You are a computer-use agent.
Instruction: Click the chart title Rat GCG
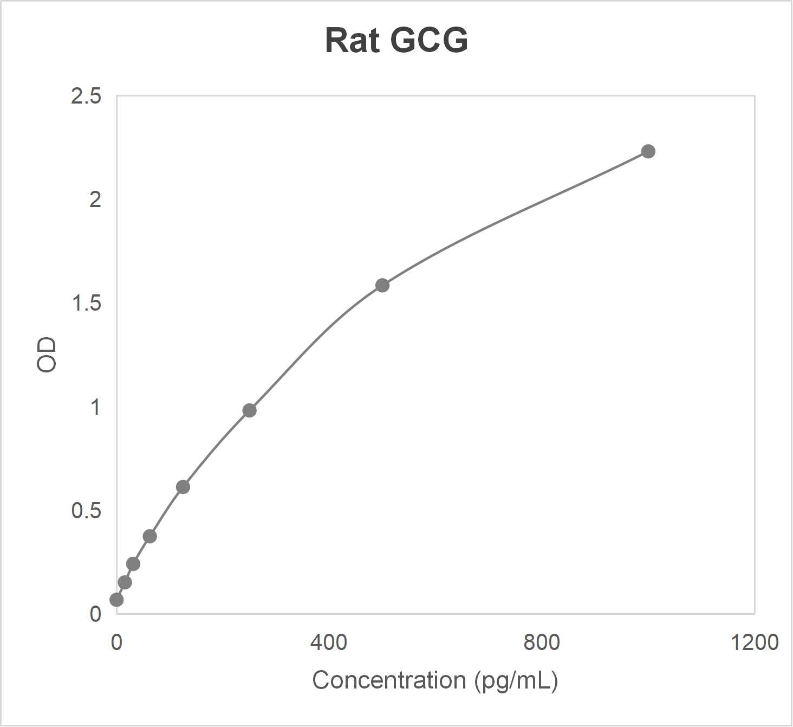tap(396, 40)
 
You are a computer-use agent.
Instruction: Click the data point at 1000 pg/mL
tap(648, 151)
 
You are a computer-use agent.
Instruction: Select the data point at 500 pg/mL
tap(382, 285)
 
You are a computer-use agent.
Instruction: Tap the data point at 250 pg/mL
tap(249, 410)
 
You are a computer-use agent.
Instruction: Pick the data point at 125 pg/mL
tap(183, 487)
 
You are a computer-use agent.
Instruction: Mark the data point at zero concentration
tap(116, 600)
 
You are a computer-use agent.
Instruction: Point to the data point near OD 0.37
tap(150, 536)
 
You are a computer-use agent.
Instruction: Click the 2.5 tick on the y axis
tap(86, 96)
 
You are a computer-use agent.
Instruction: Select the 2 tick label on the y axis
tap(95, 200)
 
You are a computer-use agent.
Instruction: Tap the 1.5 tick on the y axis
tap(86, 304)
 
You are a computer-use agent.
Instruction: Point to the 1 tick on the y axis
tap(95, 407)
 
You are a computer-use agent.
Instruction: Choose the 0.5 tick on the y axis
tap(86, 511)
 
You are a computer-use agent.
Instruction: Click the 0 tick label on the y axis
tap(95, 614)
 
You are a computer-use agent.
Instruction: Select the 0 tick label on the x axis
tap(116, 642)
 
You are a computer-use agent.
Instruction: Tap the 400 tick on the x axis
tap(329, 642)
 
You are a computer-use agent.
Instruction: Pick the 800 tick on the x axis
tap(542, 642)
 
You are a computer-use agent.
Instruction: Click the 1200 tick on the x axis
tap(754, 642)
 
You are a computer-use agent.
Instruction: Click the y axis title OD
tap(47, 355)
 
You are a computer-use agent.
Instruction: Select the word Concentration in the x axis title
tap(389, 680)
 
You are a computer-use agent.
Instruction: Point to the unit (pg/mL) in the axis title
tap(516, 680)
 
